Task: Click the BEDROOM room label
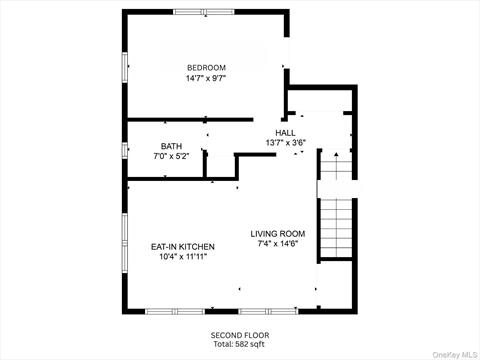pyautogui.click(x=206, y=68)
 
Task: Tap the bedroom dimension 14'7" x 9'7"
pyautogui.click(x=206, y=78)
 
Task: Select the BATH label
pyautogui.click(x=171, y=146)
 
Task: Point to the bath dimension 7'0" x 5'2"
pyautogui.click(x=171, y=156)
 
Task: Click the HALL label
pyautogui.click(x=285, y=133)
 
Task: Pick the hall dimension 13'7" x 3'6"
pyautogui.click(x=286, y=143)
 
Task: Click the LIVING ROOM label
pyautogui.click(x=278, y=234)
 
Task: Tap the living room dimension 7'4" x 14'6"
pyautogui.click(x=278, y=244)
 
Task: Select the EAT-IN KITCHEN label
pyautogui.click(x=183, y=247)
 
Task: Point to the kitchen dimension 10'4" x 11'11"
pyautogui.click(x=183, y=257)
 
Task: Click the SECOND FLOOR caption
pyautogui.click(x=240, y=335)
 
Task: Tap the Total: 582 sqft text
pyautogui.click(x=239, y=344)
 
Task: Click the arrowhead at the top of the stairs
pyautogui.click(x=336, y=154)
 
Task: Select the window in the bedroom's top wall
pyautogui.click(x=204, y=12)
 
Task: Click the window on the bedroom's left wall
pyautogui.click(x=125, y=67)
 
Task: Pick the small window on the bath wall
pyautogui.click(x=125, y=150)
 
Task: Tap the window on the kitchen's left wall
pyautogui.click(x=125, y=243)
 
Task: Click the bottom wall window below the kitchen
pyautogui.click(x=175, y=311)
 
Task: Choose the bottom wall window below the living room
pyautogui.click(x=268, y=311)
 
